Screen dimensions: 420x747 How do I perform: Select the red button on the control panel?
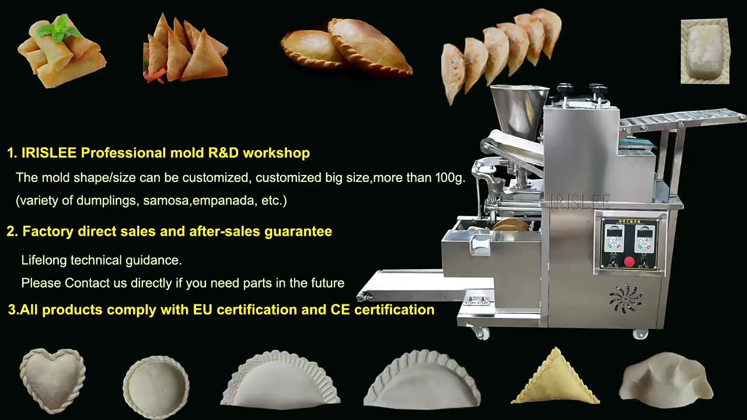(x=629, y=261)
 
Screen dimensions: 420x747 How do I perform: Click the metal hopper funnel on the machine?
(x=519, y=111)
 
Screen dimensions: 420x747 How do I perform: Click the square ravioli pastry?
(x=705, y=51)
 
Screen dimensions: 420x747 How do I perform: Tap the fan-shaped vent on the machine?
(x=625, y=299)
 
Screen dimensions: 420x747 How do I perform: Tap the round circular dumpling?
(x=156, y=387)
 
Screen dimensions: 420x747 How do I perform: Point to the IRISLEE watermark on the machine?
(x=580, y=201)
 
